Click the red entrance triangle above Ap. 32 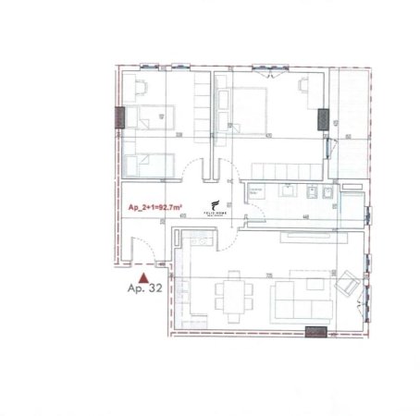click(142, 275)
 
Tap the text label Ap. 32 click(142, 288)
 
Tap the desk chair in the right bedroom click(305, 86)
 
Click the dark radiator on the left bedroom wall click(118, 117)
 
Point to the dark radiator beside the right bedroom click(323, 118)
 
